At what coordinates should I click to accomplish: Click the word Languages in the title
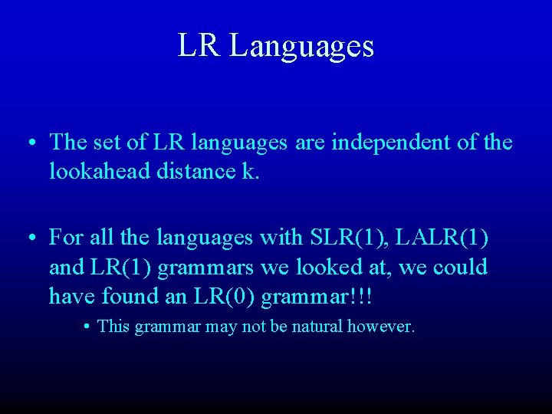click(301, 46)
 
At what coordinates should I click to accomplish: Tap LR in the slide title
click(199, 45)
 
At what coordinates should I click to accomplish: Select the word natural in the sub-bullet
click(310, 327)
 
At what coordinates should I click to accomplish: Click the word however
click(381, 327)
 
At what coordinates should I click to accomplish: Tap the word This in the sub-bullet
click(113, 327)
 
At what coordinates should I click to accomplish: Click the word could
click(458, 268)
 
